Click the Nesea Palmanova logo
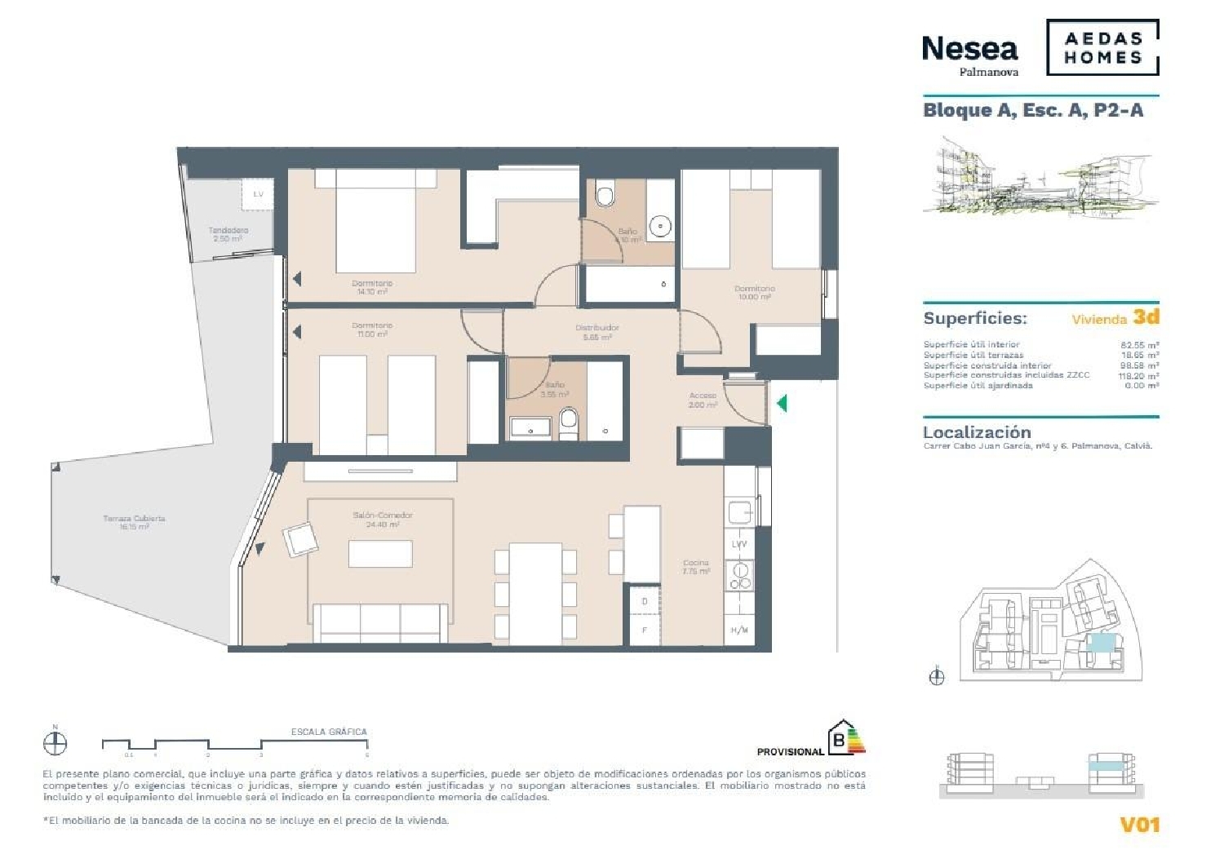pos(970,54)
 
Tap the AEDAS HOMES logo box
pos(1102,48)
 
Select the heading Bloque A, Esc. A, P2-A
pos(1032,110)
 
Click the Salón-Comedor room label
pos(383,520)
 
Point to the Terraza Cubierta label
pos(135,522)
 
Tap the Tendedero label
pos(228,234)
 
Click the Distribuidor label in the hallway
pos(596,331)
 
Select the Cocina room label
pos(696,567)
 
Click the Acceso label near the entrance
pos(703,400)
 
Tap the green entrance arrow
pos(782,403)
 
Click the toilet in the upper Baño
pos(605,195)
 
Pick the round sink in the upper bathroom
pos(660,225)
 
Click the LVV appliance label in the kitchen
pos(739,544)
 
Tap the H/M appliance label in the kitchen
pos(739,630)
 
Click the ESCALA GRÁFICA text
pos(329,732)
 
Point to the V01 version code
pos(1139,825)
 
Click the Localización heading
pos(977,432)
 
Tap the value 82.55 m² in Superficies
pos(1140,345)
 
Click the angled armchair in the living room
pos(300,539)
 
